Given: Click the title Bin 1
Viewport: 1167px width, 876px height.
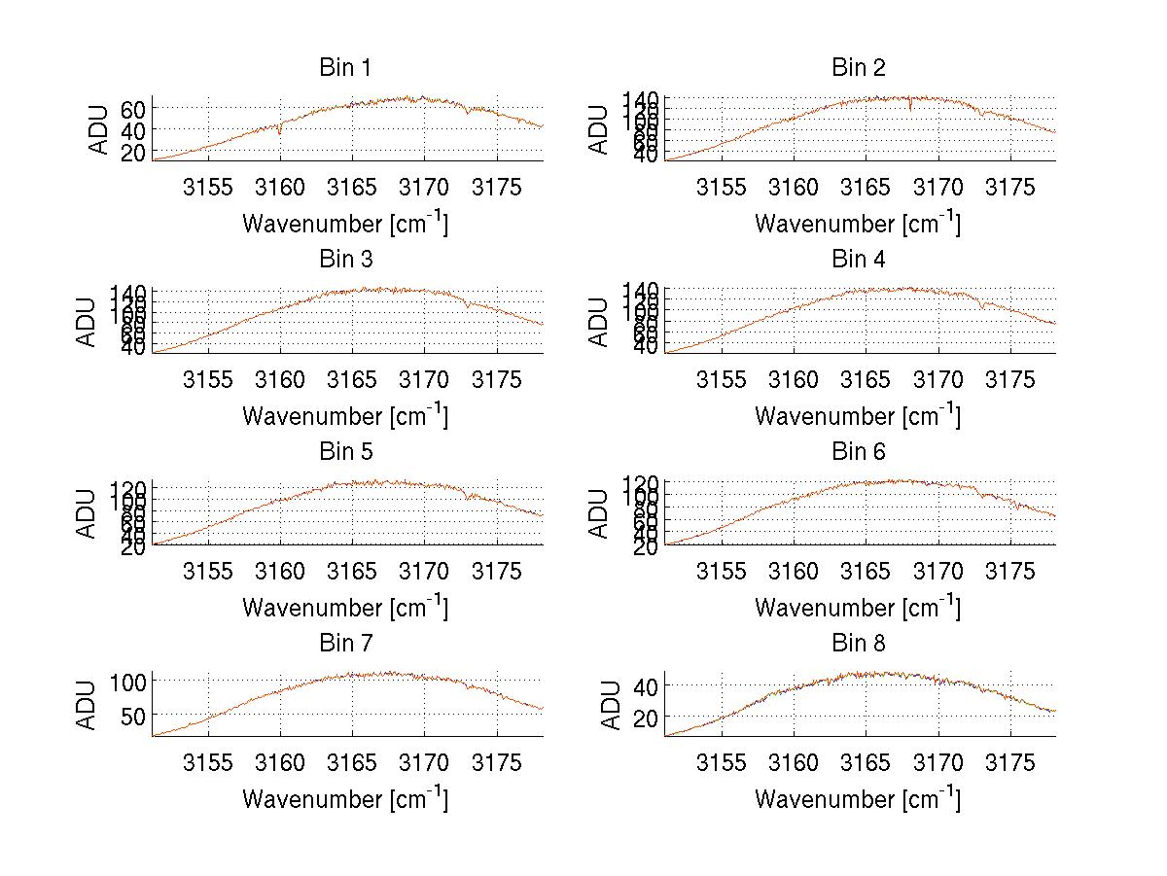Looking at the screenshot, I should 345,68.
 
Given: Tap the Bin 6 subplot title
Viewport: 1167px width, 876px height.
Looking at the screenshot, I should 858,451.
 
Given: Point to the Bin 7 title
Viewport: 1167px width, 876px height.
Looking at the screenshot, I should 345,643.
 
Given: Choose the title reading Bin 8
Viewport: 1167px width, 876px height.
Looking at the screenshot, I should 858,643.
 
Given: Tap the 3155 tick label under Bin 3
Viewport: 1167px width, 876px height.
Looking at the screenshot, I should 208,379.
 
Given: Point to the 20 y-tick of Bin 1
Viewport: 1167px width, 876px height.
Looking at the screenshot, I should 132,153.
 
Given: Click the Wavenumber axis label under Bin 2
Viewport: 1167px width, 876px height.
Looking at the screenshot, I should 858,223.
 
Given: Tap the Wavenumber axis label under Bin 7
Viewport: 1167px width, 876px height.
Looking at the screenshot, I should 345,798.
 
